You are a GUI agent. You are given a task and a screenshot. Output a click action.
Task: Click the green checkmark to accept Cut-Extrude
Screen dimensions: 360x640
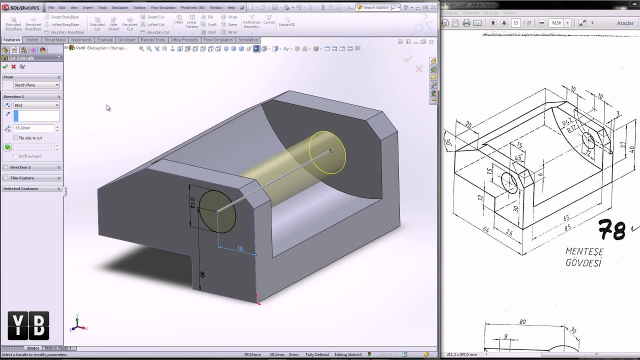5,66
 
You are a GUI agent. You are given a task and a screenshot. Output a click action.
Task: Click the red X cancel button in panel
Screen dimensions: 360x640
13,66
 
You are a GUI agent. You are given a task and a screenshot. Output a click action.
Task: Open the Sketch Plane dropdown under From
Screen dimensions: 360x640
36,85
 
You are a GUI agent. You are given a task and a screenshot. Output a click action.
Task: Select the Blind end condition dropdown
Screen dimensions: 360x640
36,105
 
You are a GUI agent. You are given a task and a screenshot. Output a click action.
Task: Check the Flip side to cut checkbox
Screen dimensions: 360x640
16,138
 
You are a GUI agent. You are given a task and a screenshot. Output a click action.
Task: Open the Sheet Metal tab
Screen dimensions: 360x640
54,40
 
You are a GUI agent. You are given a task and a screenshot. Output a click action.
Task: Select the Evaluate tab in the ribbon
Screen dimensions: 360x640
104,40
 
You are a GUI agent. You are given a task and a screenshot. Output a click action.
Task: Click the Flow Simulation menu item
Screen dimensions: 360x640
163,7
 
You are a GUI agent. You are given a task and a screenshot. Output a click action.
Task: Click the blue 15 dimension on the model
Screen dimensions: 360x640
240,248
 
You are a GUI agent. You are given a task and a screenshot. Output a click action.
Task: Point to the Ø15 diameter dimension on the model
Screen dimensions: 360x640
192,203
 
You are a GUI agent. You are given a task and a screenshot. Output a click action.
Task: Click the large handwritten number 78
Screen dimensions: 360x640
612,230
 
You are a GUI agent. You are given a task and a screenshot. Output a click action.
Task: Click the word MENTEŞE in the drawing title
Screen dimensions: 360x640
584,251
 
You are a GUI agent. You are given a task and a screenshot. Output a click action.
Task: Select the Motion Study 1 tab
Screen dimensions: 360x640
58,348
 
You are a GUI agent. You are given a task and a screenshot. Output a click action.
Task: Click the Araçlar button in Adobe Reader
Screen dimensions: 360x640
625,23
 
